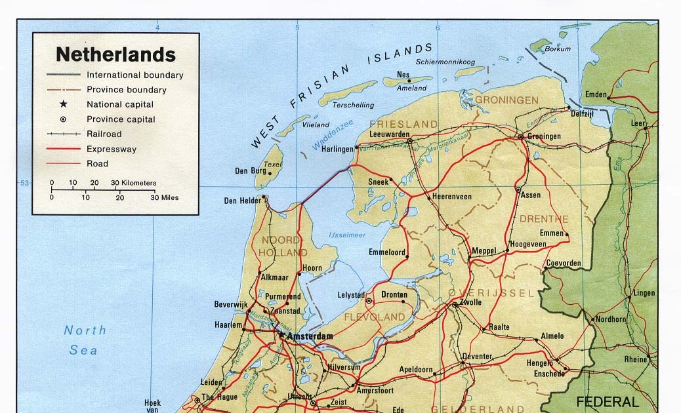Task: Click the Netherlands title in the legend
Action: [x=115, y=54]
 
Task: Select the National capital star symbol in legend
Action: [x=64, y=104]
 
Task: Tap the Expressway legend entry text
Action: [x=112, y=149]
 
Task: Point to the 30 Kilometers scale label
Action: [x=133, y=183]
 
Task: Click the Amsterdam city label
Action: [x=310, y=336]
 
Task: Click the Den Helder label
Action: [x=239, y=201]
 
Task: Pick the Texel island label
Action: [x=272, y=165]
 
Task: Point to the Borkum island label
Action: [x=558, y=49]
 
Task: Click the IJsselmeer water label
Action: [x=346, y=235]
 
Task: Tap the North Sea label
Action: [x=84, y=340]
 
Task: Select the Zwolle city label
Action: [x=471, y=302]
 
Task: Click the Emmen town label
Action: [x=552, y=233]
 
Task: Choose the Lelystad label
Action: [x=351, y=295]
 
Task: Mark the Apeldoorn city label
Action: [x=416, y=370]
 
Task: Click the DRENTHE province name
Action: [x=544, y=219]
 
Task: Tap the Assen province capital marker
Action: [x=518, y=190]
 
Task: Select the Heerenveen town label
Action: [x=452, y=197]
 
